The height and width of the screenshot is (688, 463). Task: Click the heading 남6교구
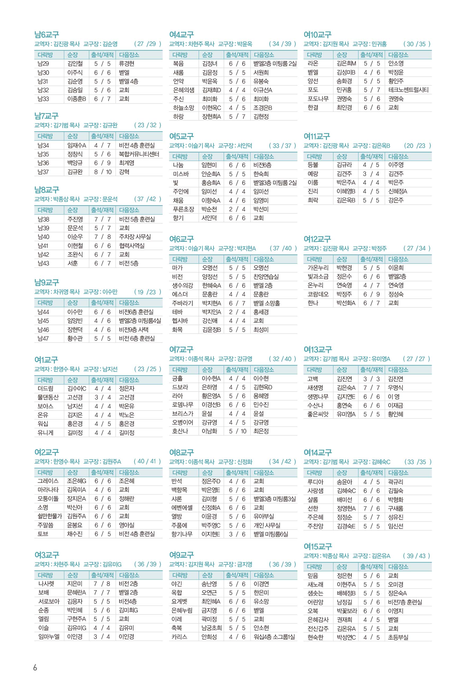pyautogui.click(x=46, y=35)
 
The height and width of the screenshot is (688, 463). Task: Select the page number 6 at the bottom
pyautogui.click(x=35, y=668)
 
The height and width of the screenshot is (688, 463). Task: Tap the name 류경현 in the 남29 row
pyautogui.click(x=127, y=64)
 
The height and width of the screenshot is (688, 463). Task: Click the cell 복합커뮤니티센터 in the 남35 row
pyautogui.click(x=139, y=154)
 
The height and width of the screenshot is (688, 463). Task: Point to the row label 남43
pyautogui.click(x=43, y=263)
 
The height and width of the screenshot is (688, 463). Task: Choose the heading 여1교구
pyautogui.click(x=46, y=360)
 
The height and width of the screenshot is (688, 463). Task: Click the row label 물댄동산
pyautogui.click(x=48, y=397)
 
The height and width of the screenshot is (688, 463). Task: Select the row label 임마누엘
pyautogui.click(x=49, y=636)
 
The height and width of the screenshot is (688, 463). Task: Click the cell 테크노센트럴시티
pyautogui.click(x=408, y=90)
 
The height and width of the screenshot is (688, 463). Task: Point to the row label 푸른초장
pyautogui.click(x=183, y=209)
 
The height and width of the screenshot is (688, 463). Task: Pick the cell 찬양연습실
pyautogui.click(x=266, y=276)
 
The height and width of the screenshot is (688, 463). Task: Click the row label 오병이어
pyautogui.click(x=182, y=422)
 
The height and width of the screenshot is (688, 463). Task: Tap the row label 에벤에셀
pyautogui.click(x=182, y=507)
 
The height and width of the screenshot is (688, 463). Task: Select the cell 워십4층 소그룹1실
pyautogui.click(x=274, y=637)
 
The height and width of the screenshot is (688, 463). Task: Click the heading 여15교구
pyautogui.click(x=317, y=547)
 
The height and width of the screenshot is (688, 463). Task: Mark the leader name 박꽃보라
pyautogui.click(x=347, y=611)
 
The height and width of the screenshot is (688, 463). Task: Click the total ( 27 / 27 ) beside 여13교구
pyautogui.click(x=416, y=359)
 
